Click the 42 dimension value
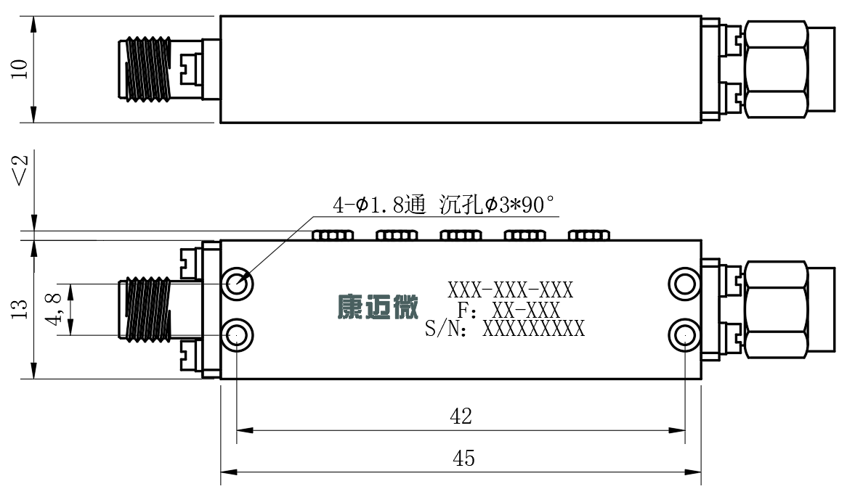tap(461, 416)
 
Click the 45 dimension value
tap(463, 458)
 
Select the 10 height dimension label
tap(20, 69)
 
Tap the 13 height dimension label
tap(20, 309)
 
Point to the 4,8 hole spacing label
tap(54, 309)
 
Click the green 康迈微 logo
tap(378, 307)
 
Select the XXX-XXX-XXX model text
tap(510, 289)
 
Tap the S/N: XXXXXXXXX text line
tap(505, 329)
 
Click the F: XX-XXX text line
tap(509, 310)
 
